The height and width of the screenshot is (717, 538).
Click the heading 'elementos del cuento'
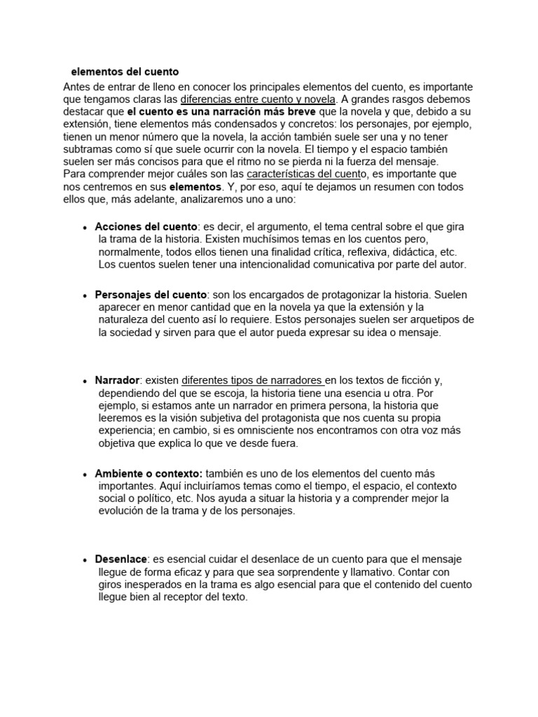pos(125,71)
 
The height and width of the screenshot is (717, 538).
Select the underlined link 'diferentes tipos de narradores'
pos(252,380)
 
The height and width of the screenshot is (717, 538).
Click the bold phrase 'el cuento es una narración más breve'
pos(222,111)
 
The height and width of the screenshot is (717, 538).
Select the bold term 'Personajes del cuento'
pos(151,295)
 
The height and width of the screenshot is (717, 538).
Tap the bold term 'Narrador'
pos(117,380)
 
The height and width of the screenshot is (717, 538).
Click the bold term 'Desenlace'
pos(121,559)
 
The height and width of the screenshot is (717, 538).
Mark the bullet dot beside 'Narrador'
pos(85,382)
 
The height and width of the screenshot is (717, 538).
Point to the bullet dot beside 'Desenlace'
pos(85,561)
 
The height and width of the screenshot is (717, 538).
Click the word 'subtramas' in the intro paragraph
pos(88,149)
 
